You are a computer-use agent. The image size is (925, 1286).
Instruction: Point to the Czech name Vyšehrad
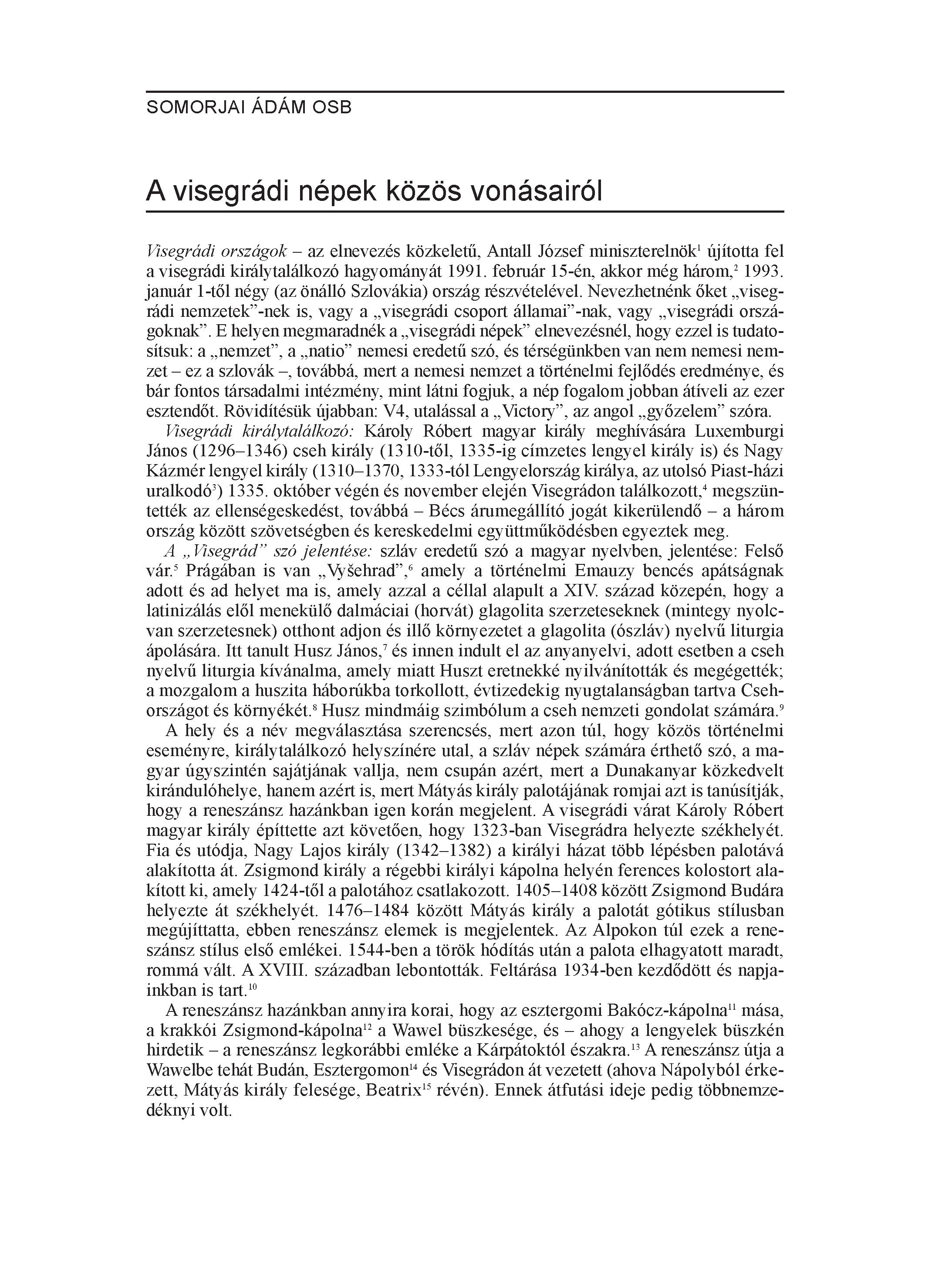[367, 570]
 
